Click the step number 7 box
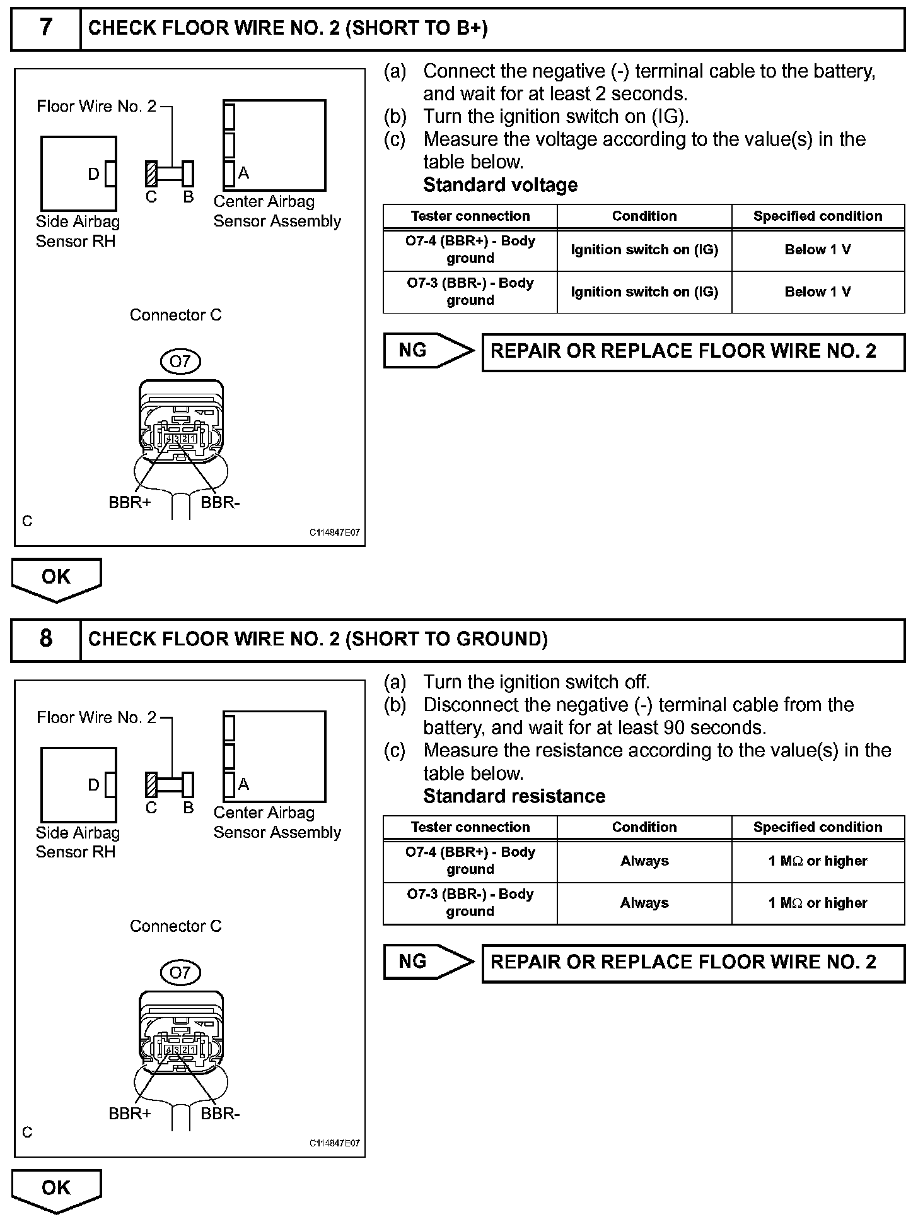tap(46, 28)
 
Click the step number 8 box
tap(46, 639)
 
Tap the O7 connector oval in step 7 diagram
tap(180, 362)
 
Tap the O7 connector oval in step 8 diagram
tap(180, 973)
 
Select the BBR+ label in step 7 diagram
tap(129, 503)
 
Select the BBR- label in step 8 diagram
tap(220, 1114)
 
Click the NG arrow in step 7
tap(429, 351)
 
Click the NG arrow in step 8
tap(429, 962)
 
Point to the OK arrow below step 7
tap(56, 579)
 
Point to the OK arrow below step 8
tap(56, 1190)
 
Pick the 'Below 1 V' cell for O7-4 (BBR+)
tap(818, 250)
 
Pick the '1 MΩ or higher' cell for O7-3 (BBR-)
tap(818, 903)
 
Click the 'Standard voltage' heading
tap(500, 185)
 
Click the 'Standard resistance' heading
tap(514, 796)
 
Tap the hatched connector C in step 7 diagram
tap(151, 174)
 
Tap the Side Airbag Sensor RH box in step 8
tap(78, 785)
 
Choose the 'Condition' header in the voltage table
tap(644, 216)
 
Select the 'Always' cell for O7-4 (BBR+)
tap(644, 861)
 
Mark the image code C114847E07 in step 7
tap(334, 533)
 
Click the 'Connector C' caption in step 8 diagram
tap(175, 926)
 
